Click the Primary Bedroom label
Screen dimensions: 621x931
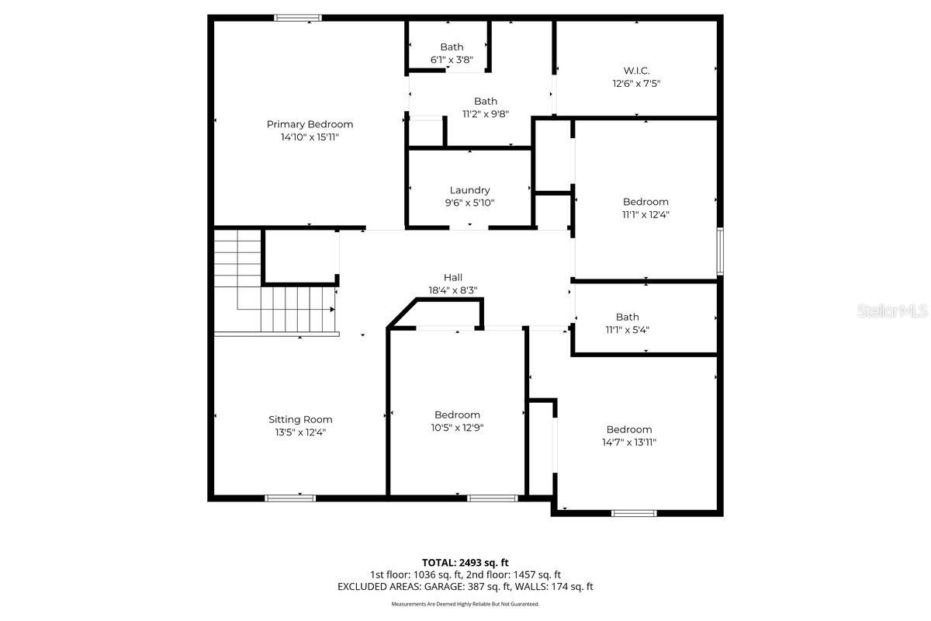[x=310, y=124]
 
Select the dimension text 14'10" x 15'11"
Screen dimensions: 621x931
[x=310, y=137]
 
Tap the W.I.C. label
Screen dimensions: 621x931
[x=636, y=71]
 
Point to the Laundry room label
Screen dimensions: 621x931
[x=469, y=190]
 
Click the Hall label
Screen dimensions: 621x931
[x=453, y=277]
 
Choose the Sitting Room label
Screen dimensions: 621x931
[x=300, y=419]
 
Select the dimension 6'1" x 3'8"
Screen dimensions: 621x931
[x=452, y=60]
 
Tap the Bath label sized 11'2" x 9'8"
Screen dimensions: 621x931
[x=486, y=101]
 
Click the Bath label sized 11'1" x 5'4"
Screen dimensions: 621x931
[x=628, y=317]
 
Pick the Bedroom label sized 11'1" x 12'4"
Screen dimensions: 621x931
[x=645, y=202]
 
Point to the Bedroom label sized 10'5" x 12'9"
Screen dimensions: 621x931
[x=457, y=415]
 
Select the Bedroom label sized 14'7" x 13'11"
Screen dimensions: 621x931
[x=629, y=429]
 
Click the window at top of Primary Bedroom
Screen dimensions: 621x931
[x=298, y=18]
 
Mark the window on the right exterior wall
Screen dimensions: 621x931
[x=720, y=251]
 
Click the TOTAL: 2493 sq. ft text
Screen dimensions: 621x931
[x=465, y=562]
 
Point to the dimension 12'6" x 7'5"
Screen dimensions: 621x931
[x=636, y=83]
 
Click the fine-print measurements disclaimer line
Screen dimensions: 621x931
[x=465, y=604]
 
